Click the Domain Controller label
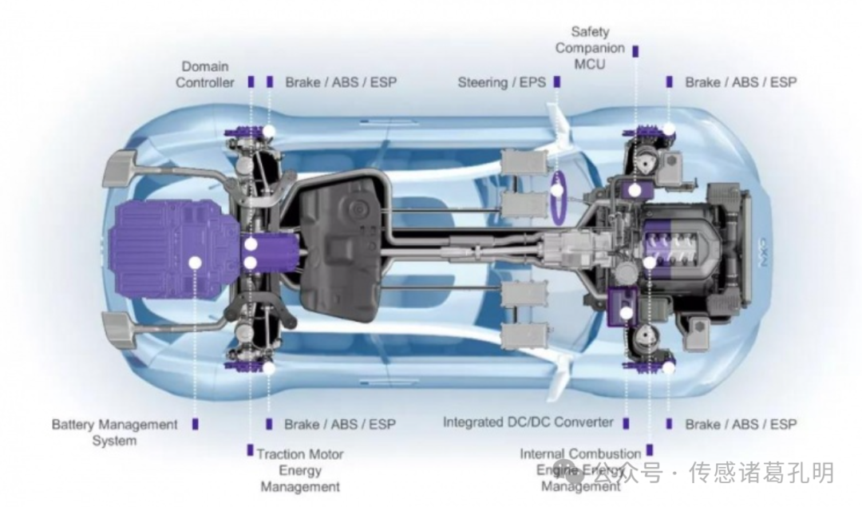[x=205, y=74]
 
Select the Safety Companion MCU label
[x=590, y=48]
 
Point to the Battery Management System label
[x=115, y=432]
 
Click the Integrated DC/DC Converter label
[x=528, y=422]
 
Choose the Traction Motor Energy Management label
[x=300, y=470]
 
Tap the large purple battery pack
[x=172, y=248]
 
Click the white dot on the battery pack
[x=194, y=261]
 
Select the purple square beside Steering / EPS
[x=557, y=81]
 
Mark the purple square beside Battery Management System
[x=195, y=424]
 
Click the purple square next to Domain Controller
[x=251, y=81]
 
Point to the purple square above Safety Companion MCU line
[x=635, y=50]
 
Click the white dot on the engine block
[x=650, y=262]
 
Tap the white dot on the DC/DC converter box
[x=627, y=314]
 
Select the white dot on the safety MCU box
[x=635, y=190]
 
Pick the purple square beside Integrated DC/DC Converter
[x=627, y=422]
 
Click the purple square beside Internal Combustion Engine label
[x=650, y=450]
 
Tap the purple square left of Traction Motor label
[x=250, y=450]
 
